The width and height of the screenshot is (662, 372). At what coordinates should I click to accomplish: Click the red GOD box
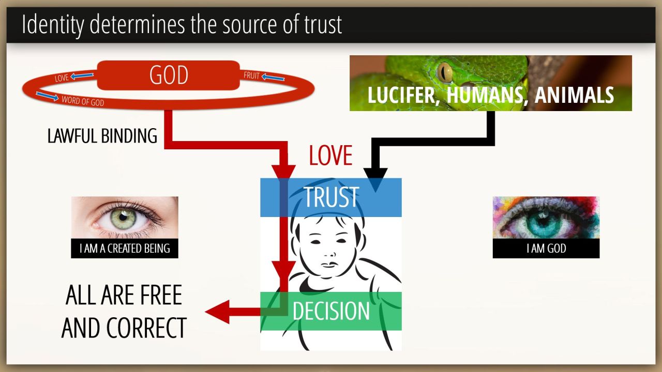tap(168, 75)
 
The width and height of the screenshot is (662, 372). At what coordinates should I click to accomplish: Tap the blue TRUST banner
tap(331, 197)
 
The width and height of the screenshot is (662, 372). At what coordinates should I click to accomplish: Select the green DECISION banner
tap(331, 311)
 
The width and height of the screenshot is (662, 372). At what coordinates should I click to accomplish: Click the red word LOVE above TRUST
tap(330, 156)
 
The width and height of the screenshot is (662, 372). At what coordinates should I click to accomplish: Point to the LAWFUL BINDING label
tap(102, 136)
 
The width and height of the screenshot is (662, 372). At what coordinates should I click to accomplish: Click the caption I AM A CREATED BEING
tap(125, 249)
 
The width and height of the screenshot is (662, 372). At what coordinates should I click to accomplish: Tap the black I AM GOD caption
tap(546, 249)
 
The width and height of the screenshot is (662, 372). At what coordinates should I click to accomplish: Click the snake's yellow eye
tap(444, 72)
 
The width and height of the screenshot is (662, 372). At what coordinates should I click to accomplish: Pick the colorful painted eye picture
tap(546, 218)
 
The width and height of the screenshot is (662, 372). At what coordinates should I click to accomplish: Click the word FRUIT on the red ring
tap(251, 75)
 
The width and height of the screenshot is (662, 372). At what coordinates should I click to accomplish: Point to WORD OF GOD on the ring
tap(83, 101)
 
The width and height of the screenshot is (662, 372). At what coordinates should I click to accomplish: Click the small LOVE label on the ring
tap(62, 79)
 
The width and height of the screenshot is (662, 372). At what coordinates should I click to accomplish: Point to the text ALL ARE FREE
tap(124, 295)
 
